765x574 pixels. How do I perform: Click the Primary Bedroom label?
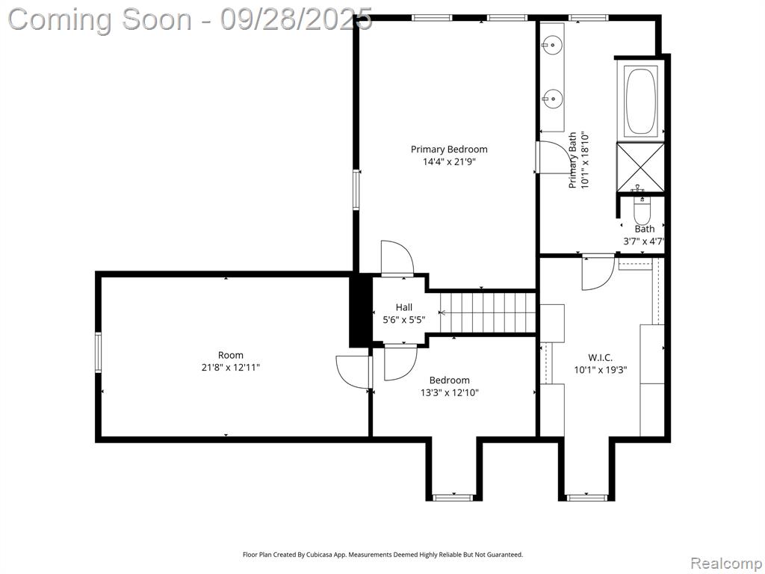(449, 149)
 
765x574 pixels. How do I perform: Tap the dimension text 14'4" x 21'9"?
(449, 161)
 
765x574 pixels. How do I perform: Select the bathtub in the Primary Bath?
(640, 101)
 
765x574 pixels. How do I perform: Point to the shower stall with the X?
(640, 167)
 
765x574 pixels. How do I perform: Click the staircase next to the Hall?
(488, 312)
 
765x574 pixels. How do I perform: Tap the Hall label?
(404, 307)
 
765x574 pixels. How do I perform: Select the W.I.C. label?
(600, 358)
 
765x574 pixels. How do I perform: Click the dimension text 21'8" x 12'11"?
(231, 368)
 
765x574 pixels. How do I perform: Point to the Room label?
(230, 355)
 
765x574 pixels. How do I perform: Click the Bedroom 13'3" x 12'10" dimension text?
(450, 392)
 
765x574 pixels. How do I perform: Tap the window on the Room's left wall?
(98, 353)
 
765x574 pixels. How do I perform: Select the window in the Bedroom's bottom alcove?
(453, 497)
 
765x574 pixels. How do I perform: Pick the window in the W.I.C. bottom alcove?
(586, 497)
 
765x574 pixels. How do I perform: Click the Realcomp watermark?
(726, 563)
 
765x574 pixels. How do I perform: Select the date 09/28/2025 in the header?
(296, 19)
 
